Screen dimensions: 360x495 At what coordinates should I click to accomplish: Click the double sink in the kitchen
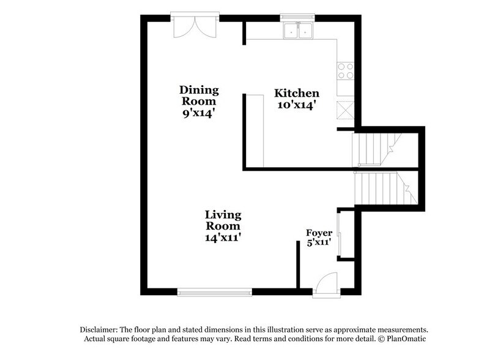tap(297, 31)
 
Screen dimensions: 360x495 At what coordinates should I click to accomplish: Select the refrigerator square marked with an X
tap(344, 110)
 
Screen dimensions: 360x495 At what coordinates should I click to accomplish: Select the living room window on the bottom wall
tap(214, 292)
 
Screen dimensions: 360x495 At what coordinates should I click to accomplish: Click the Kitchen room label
tap(296, 94)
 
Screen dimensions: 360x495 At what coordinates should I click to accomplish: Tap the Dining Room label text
tap(199, 95)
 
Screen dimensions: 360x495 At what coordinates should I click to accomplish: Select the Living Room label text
tap(223, 220)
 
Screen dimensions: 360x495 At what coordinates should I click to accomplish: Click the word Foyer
tap(319, 232)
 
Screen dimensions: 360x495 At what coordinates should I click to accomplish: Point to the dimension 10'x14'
tap(296, 105)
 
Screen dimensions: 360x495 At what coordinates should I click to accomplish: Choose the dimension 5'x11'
tap(319, 242)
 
